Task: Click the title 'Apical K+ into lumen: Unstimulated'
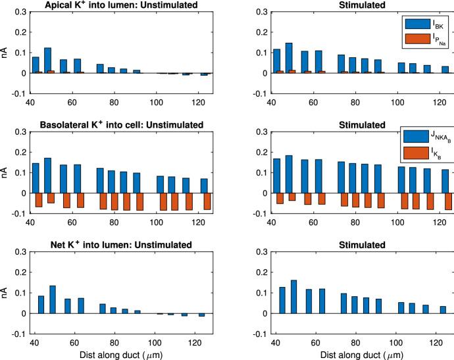tap(113, 5)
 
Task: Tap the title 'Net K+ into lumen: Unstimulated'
tap(113, 245)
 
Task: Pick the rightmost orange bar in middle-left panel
tap(207, 201)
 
